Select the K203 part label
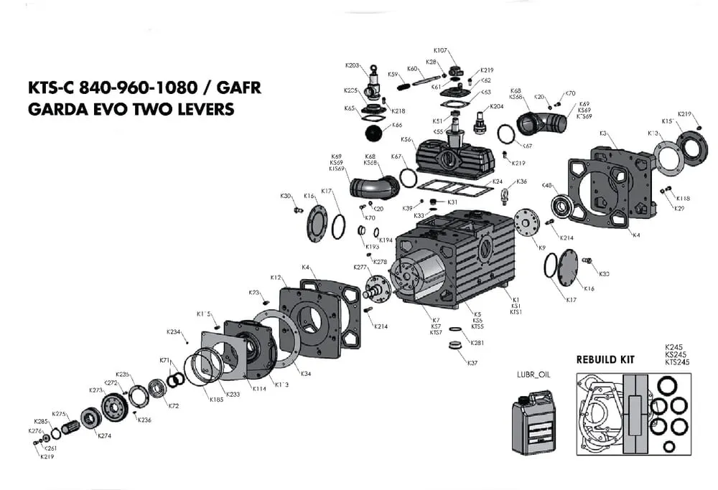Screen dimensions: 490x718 [x=352, y=65]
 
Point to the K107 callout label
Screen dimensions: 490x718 [x=440, y=50]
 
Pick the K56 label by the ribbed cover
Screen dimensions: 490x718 [x=406, y=140]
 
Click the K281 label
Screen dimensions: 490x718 [x=477, y=342]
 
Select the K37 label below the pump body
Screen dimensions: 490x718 [x=472, y=363]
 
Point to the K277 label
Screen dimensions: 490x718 [x=360, y=267]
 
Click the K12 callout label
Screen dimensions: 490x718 [x=275, y=277]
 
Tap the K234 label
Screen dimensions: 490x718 [x=173, y=332]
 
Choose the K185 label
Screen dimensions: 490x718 [x=216, y=400]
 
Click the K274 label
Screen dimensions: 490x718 [x=104, y=435]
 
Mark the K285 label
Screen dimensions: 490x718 [x=40, y=421]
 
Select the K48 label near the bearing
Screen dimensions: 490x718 [x=547, y=186]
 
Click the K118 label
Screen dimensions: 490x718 [x=683, y=198]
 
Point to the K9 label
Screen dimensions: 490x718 [x=542, y=248]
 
